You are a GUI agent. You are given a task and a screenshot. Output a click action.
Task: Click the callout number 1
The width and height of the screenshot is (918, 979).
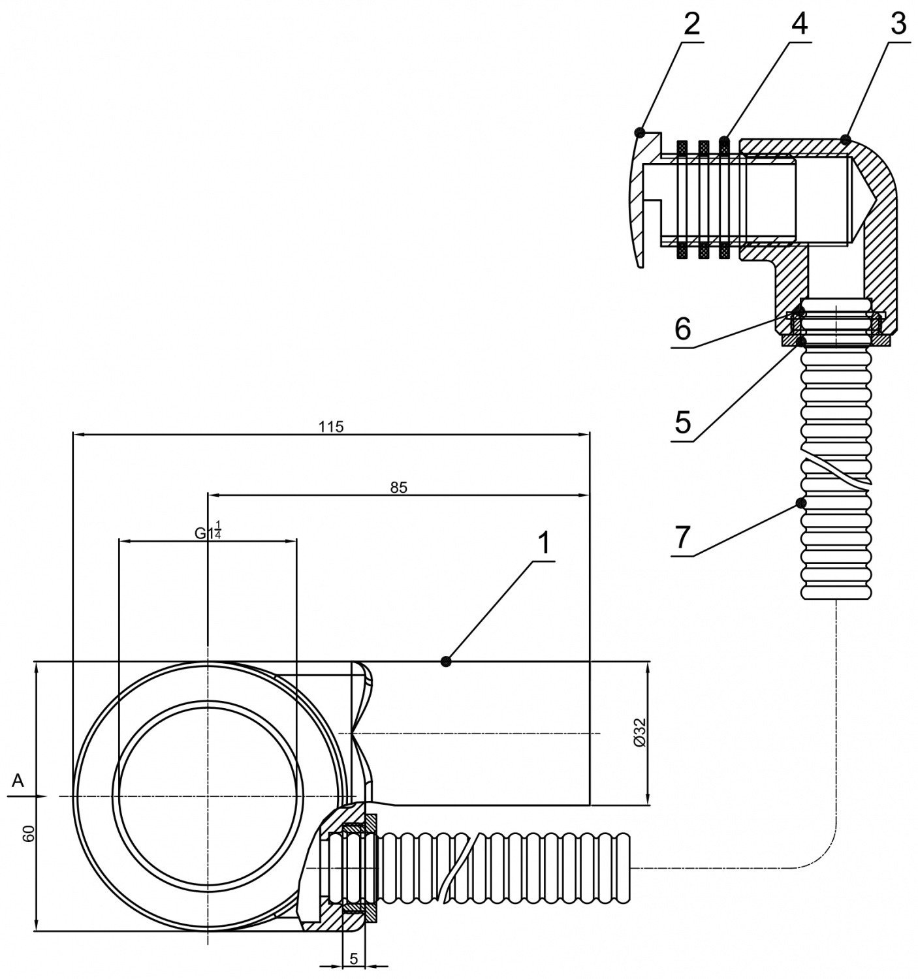coord(543,544)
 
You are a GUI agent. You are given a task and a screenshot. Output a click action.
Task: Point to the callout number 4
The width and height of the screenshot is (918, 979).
coord(799,25)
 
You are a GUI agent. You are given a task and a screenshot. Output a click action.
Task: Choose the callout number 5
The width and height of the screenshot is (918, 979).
coord(683,423)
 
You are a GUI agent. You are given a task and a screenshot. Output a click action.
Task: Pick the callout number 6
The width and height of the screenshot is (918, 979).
coord(683,330)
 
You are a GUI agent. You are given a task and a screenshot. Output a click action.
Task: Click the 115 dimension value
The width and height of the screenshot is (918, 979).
coord(331,427)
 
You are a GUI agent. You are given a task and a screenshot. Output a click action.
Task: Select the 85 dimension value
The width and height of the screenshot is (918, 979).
coord(399,487)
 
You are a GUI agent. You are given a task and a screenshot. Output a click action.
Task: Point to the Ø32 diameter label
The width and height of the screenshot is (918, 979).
coord(639,733)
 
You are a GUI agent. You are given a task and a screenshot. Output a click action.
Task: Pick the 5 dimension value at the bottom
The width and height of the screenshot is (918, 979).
coord(353,958)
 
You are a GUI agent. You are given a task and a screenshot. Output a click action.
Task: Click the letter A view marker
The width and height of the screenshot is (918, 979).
coord(18,780)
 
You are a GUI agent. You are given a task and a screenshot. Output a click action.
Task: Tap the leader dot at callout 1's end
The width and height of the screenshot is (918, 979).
coord(446,662)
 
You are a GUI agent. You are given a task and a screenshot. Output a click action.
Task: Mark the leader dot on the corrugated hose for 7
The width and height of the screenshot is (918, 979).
coord(800,503)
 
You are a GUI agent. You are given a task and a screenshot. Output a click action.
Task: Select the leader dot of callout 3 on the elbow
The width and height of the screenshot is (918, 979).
coord(846,138)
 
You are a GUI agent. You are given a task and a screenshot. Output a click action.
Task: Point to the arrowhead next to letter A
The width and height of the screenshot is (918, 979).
coord(40,796)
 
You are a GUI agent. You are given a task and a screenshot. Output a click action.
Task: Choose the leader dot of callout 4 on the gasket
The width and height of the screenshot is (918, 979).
coord(723,140)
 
